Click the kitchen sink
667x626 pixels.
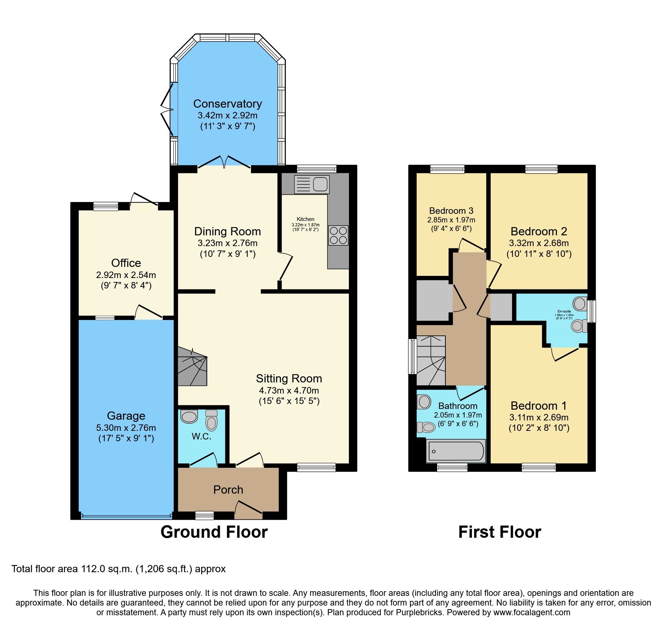click(x=311, y=184)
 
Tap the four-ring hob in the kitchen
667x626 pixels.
click(x=338, y=235)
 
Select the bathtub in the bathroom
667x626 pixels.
click(x=456, y=451)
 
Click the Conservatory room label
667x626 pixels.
click(x=227, y=104)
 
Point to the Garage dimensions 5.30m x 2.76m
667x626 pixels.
click(x=126, y=428)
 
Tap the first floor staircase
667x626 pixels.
click(x=431, y=360)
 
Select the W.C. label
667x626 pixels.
click(x=201, y=436)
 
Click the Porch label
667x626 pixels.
click(x=228, y=490)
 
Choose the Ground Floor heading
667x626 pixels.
click(x=214, y=532)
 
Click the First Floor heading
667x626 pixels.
click(x=500, y=532)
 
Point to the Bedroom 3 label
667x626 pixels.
click(x=451, y=211)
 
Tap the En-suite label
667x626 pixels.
click(x=564, y=311)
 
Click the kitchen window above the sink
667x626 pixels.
click(x=317, y=168)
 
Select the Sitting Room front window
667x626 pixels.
click(x=316, y=467)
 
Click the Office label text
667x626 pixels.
click(x=126, y=263)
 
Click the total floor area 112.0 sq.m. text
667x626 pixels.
click(x=118, y=569)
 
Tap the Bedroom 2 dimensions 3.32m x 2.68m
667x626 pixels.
click(x=539, y=243)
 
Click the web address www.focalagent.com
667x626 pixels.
click(x=531, y=612)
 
